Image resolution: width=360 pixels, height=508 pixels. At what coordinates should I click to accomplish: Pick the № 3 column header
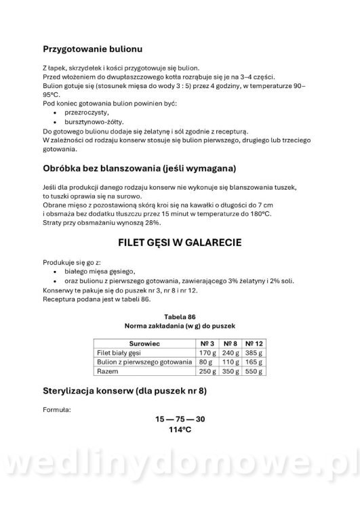click(x=207, y=343)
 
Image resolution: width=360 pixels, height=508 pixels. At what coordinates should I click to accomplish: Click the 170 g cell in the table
click(x=207, y=353)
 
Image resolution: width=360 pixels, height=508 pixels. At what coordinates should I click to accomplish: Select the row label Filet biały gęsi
click(x=121, y=353)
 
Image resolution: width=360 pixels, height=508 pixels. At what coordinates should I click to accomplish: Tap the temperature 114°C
click(x=180, y=429)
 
